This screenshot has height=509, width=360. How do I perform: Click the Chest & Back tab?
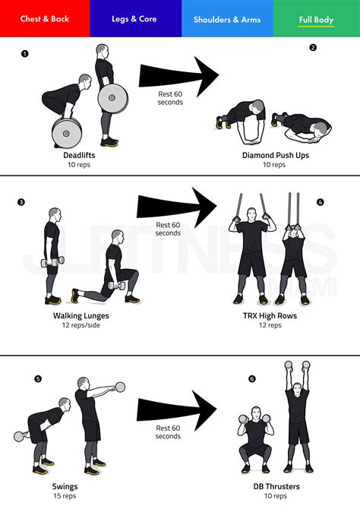[x=45, y=19]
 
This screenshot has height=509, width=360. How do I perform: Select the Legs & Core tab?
[x=135, y=19]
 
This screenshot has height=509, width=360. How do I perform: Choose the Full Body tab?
[x=315, y=19]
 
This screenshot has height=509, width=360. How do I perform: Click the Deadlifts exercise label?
[x=79, y=155]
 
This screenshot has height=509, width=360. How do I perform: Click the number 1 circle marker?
[x=25, y=54]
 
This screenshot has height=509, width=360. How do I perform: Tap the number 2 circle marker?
[x=313, y=48]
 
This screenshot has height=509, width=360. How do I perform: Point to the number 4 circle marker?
[x=320, y=203]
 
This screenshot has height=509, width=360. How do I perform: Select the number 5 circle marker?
[x=38, y=378]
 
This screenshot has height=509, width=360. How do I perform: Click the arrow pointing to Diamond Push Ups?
[x=178, y=76]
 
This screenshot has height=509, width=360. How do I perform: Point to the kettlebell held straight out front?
[x=120, y=387]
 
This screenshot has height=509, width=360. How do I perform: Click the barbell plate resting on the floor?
[x=67, y=133]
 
